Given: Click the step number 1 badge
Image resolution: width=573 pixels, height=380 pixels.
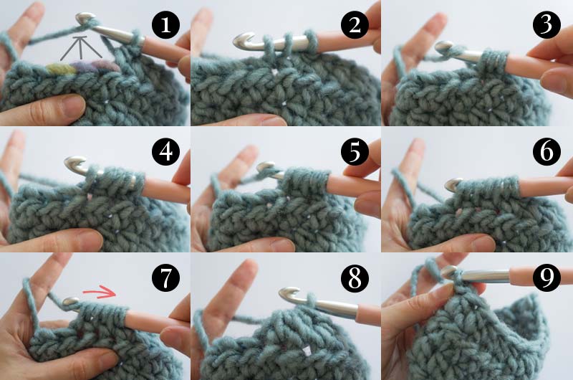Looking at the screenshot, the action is pyautogui.click(x=165, y=25).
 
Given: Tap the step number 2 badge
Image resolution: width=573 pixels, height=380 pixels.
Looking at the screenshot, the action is pyautogui.click(x=355, y=25).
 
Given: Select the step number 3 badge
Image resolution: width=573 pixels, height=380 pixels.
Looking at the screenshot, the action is pyautogui.click(x=546, y=25).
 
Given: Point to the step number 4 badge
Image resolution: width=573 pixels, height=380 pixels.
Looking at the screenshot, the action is pyautogui.click(x=165, y=151).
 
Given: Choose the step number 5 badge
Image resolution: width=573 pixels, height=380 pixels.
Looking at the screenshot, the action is pyautogui.click(x=355, y=151).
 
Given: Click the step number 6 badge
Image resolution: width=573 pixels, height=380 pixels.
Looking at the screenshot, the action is pyautogui.click(x=546, y=151).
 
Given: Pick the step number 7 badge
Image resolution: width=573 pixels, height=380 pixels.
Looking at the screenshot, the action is pyautogui.click(x=165, y=278).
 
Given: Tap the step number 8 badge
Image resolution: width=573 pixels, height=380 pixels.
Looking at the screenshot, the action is pyautogui.click(x=355, y=278).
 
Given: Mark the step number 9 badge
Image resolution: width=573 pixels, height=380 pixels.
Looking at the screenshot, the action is pyautogui.click(x=546, y=278).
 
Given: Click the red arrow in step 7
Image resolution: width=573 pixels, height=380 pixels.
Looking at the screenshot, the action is pyautogui.click(x=100, y=293).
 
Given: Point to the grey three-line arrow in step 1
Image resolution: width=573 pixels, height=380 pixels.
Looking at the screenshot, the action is pyautogui.click(x=81, y=47).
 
